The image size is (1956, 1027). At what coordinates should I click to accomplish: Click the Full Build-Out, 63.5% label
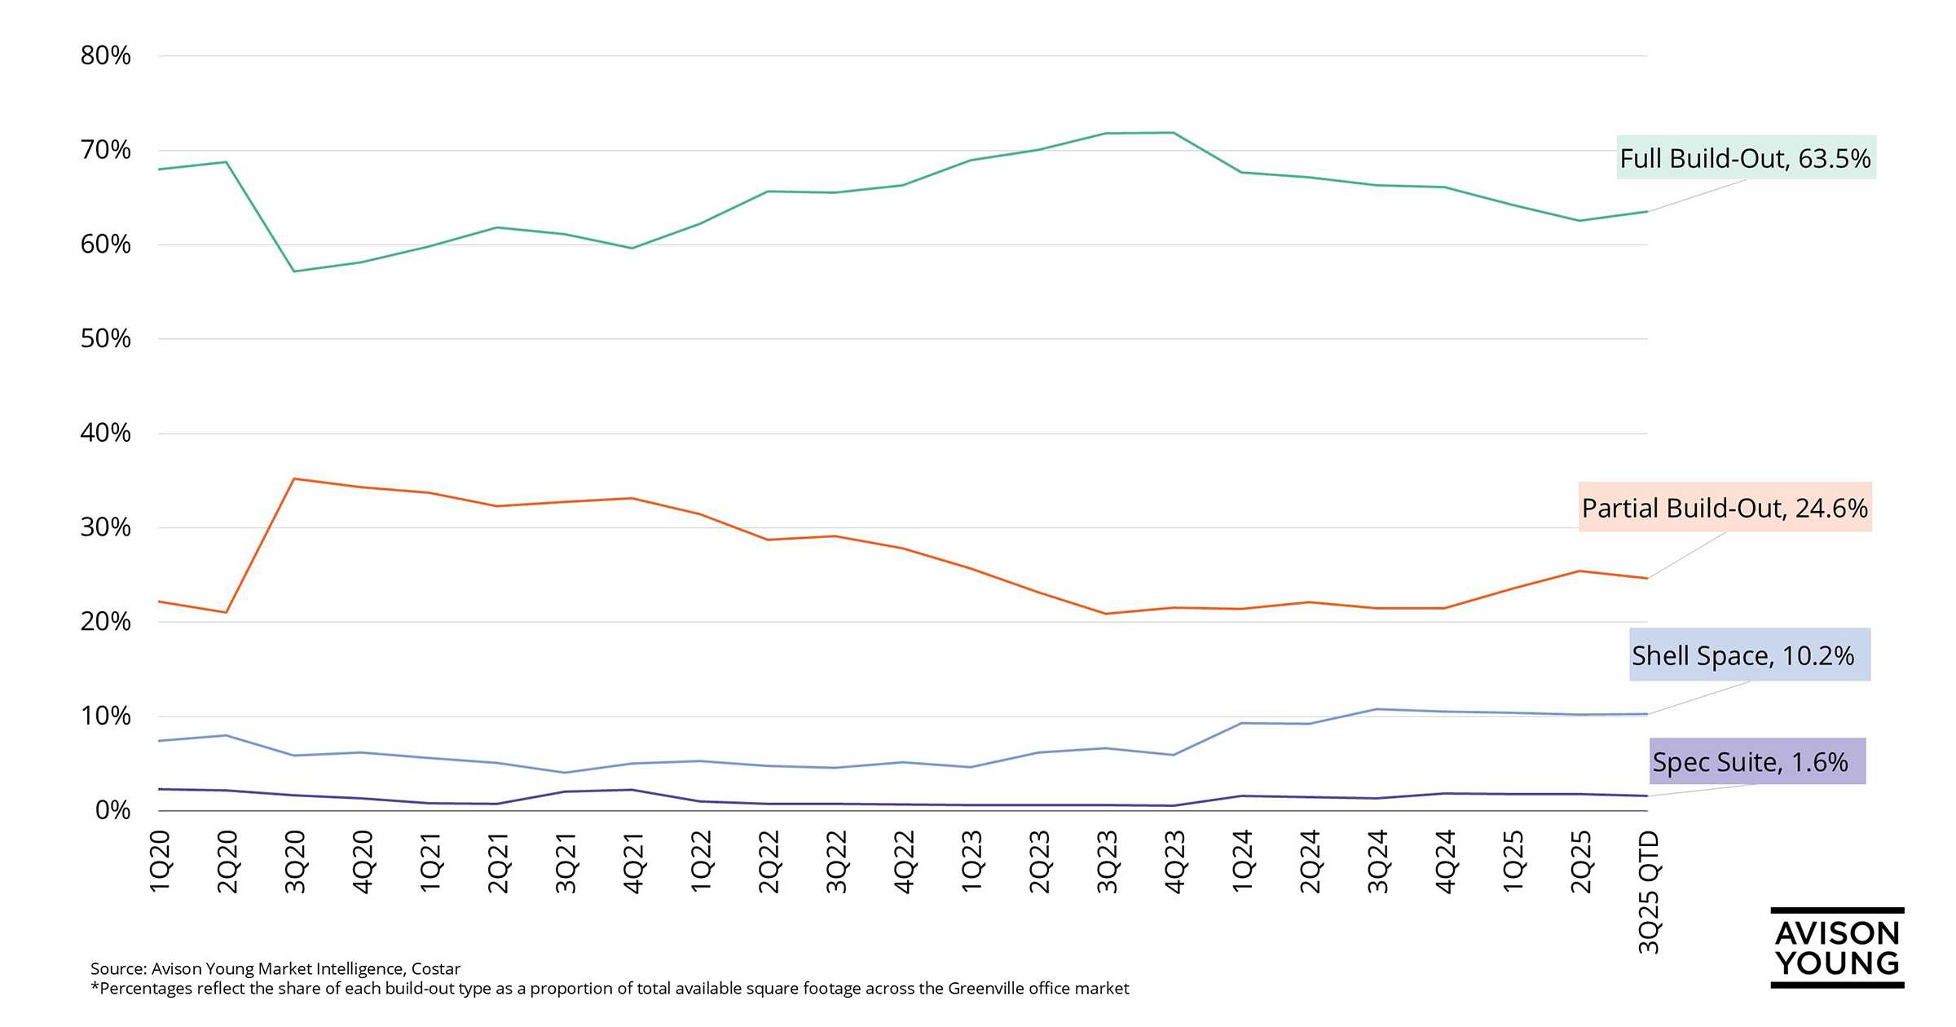1745,158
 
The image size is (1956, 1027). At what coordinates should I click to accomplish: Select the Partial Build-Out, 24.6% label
1725,508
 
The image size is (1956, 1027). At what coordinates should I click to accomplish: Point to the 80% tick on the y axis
105,55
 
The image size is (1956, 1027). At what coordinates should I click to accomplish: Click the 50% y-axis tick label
105,338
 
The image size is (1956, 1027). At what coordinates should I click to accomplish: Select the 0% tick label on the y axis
112,810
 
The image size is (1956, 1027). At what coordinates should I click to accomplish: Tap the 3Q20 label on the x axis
295,862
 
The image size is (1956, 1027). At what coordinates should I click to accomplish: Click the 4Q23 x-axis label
1174,862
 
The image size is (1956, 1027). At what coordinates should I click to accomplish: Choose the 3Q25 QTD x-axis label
1649,892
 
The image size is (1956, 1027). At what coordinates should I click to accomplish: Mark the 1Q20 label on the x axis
160,862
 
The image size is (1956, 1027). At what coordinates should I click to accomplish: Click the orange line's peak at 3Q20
294,478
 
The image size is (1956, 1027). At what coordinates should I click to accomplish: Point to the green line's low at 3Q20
294,271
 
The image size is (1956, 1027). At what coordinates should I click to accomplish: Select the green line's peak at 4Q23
1173,133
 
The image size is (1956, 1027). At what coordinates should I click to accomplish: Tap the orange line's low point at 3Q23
1105,614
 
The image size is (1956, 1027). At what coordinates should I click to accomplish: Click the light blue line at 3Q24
1377,709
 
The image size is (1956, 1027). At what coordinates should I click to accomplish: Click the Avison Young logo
1837,948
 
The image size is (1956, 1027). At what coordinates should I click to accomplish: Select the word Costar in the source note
436,969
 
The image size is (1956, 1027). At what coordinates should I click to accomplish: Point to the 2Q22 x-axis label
769,862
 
